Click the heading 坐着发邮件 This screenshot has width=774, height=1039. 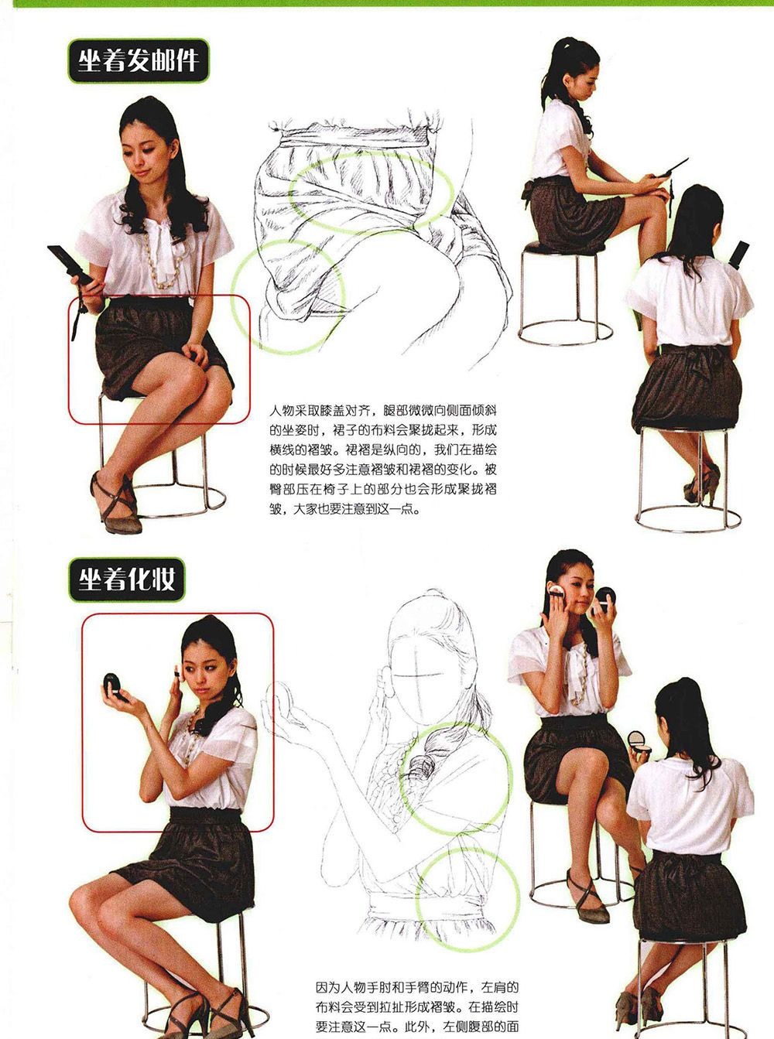(x=139, y=61)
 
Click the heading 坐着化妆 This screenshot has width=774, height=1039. (x=127, y=579)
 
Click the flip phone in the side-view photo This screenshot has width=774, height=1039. (x=672, y=168)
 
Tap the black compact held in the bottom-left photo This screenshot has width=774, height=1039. (x=113, y=685)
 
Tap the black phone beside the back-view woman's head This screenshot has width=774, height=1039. (x=739, y=255)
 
